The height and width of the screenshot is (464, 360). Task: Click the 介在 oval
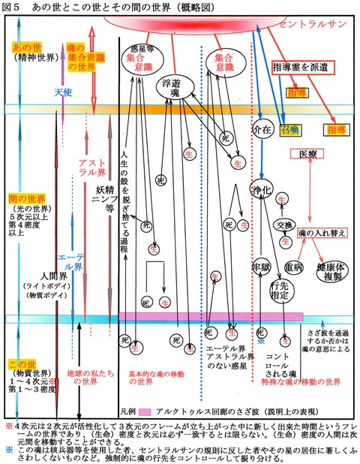[262, 128]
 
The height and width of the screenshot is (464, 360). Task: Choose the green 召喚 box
[288, 129]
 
